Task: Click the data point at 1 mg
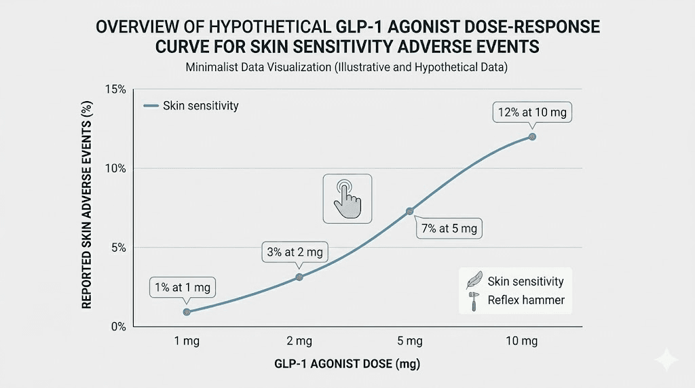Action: click(x=187, y=311)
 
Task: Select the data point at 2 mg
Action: click(x=299, y=277)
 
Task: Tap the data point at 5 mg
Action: click(x=409, y=211)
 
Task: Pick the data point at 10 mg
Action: click(x=532, y=136)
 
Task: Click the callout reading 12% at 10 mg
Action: click(x=532, y=113)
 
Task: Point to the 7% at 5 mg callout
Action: click(x=448, y=229)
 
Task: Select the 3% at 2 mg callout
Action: click(x=295, y=253)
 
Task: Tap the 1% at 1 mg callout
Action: click(x=182, y=288)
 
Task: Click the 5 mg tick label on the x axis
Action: click(x=409, y=341)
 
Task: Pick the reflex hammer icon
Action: click(x=474, y=300)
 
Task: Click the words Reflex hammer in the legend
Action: click(x=526, y=300)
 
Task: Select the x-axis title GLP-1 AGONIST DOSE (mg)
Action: click(x=347, y=364)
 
